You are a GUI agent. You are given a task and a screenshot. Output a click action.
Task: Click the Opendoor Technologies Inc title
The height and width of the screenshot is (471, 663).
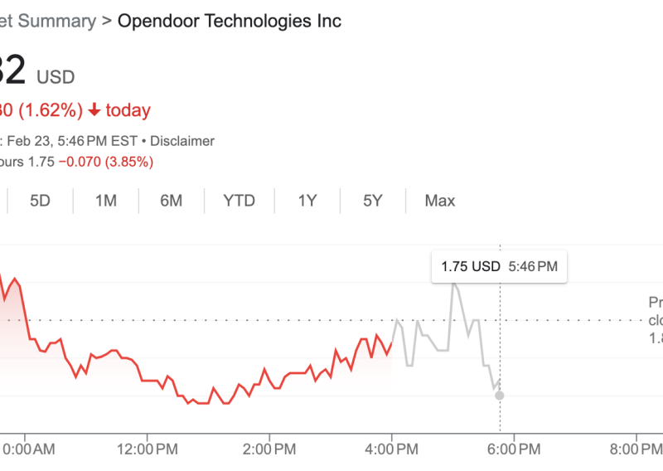click(229, 21)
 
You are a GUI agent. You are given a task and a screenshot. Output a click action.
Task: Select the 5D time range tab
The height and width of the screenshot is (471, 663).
click(41, 201)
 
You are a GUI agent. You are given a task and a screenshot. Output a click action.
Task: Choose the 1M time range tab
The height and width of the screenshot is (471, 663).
click(105, 201)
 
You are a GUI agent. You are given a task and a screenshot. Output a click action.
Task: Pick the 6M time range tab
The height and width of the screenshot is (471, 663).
click(171, 201)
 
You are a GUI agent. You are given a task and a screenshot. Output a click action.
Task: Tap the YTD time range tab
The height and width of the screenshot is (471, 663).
click(239, 201)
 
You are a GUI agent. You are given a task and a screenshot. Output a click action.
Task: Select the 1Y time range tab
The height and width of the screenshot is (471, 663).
click(307, 201)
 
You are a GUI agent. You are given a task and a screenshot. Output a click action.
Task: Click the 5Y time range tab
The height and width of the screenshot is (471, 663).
click(372, 201)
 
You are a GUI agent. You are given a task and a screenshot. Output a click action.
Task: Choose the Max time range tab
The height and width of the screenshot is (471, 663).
click(440, 201)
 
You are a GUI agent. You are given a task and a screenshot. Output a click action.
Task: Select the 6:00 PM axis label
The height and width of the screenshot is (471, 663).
click(515, 450)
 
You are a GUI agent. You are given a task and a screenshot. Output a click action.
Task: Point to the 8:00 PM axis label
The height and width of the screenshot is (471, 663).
click(636, 450)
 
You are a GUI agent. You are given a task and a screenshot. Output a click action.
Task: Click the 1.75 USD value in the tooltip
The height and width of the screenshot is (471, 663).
click(471, 267)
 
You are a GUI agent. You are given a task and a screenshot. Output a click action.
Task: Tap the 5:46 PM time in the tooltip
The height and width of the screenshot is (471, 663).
click(533, 267)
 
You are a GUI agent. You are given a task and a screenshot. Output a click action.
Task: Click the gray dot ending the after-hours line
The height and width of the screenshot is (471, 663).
click(499, 396)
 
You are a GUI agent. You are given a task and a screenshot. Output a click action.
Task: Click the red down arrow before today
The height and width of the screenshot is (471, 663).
click(94, 110)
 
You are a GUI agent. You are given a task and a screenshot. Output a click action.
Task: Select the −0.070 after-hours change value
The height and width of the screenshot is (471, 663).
click(80, 162)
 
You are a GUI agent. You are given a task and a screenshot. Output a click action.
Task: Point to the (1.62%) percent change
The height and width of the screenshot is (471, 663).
click(51, 110)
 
